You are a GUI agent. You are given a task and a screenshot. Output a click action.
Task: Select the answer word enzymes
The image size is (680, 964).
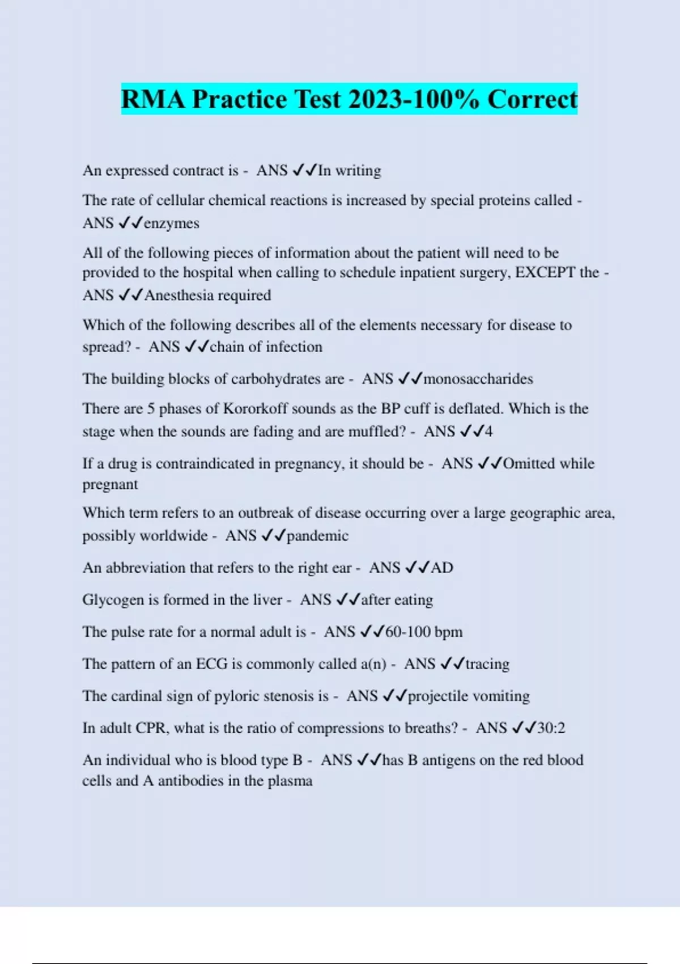[x=172, y=223]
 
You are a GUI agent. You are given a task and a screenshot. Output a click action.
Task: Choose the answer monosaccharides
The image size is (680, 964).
[x=478, y=379]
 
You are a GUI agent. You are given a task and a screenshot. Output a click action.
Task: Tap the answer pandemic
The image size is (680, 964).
[x=317, y=536]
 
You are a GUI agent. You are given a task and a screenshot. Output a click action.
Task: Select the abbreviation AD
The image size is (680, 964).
[x=442, y=568]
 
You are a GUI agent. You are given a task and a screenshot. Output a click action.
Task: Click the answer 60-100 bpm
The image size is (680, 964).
[x=424, y=632]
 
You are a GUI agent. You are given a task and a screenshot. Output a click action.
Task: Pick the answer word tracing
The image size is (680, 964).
[x=487, y=664]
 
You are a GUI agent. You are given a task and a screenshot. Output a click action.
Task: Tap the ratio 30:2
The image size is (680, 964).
[x=551, y=728]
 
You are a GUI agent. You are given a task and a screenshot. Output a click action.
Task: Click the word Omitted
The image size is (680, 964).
[x=529, y=464]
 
